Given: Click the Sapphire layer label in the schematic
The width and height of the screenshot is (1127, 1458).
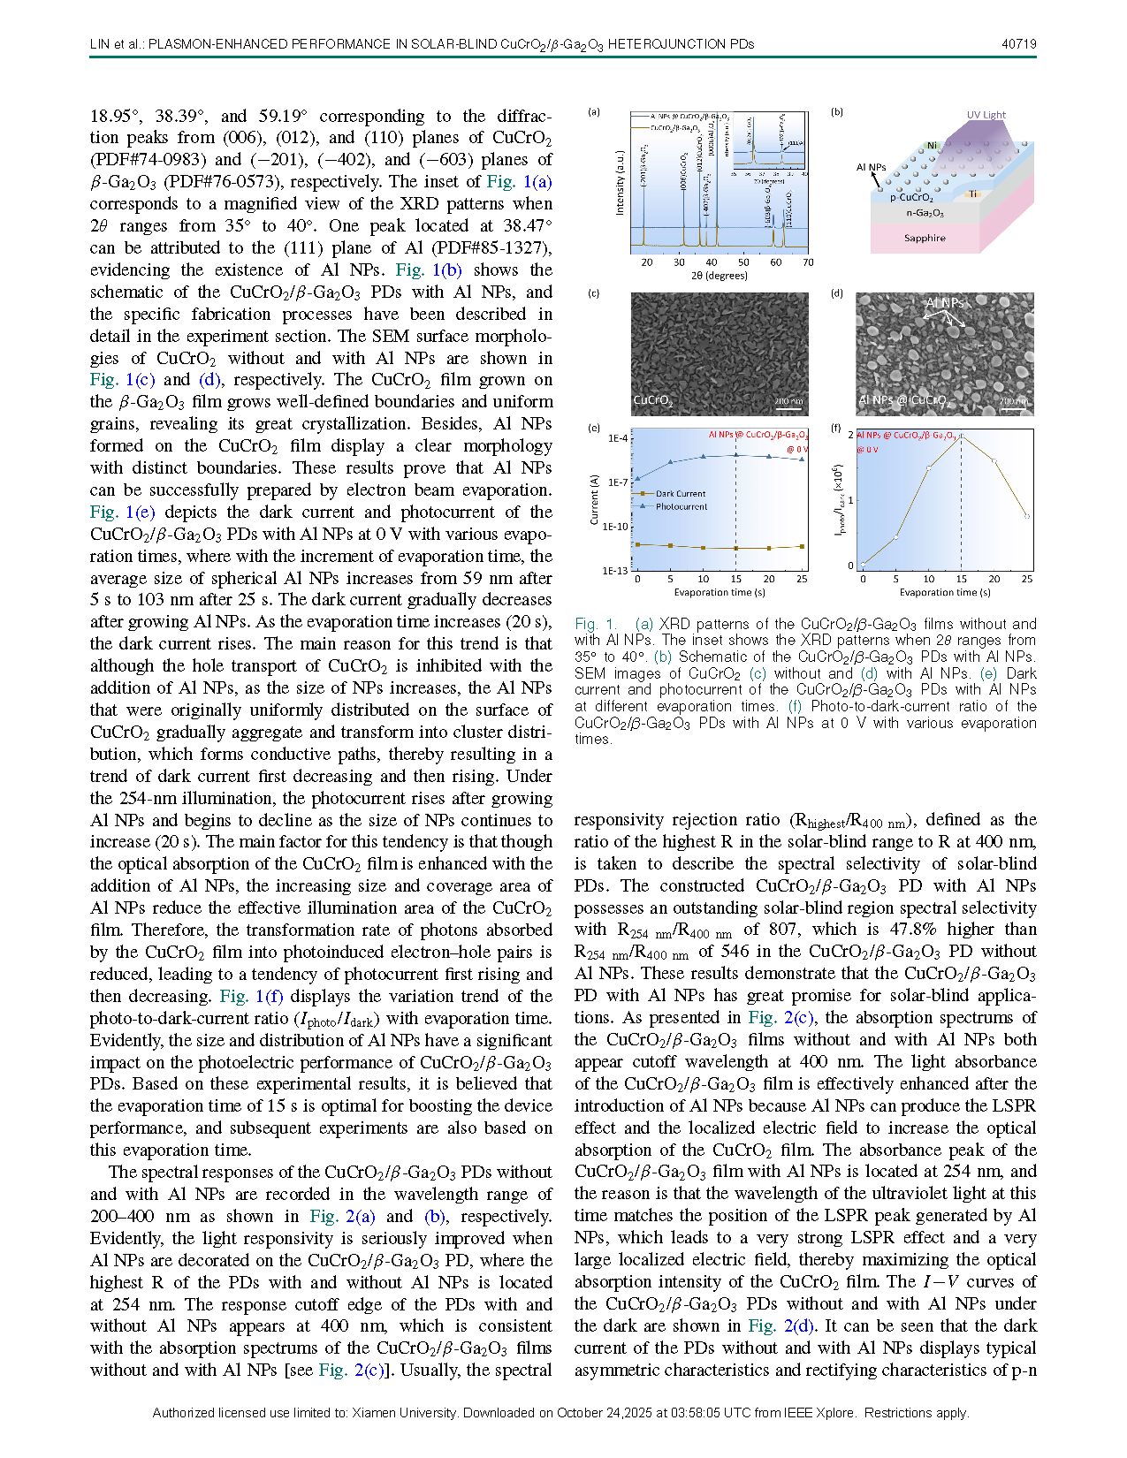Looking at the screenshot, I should click(x=925, y=238).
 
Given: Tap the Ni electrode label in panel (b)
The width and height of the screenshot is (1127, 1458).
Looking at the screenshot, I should click(x=932, y=145).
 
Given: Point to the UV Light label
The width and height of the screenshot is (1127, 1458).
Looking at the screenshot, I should click(x=986, y=115).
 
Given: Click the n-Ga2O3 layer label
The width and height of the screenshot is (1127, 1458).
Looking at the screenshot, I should click(x=925, y=213).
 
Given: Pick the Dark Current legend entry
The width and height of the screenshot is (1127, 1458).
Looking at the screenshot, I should click(x=680, y=494).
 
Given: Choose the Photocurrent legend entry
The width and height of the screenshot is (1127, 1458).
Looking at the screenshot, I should click(x=682, y=506).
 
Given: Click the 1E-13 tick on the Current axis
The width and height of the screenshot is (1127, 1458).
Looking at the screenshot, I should click(x=616, y=571).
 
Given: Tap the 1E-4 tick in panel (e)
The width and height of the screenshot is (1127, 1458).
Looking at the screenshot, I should click(x=617, y=438).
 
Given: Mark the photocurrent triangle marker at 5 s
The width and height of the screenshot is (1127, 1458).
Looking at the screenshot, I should click(x=671, y=461).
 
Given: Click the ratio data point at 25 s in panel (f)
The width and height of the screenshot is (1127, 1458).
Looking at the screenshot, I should click(x=1027, y=516).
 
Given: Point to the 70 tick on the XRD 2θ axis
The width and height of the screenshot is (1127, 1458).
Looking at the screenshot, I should click(x=808, y=262).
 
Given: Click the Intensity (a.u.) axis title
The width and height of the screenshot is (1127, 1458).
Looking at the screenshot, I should click(x=620, y=182).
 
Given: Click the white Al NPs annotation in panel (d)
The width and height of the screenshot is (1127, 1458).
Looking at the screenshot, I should click(x=943, y=303).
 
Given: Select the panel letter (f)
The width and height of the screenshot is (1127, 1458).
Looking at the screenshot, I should click(x=836, y=428).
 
